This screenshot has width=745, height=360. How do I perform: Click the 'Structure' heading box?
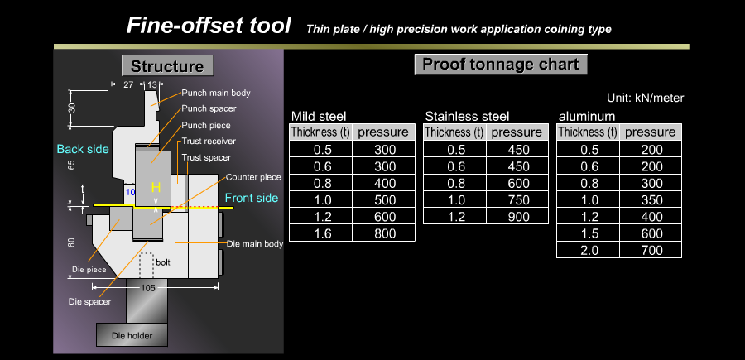tap(168, 65)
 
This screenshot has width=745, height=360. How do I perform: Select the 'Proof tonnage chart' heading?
tap(501, 64)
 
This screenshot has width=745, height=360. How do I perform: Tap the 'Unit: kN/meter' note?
tap(645, 98)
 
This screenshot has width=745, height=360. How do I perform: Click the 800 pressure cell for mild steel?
tap(385, 233)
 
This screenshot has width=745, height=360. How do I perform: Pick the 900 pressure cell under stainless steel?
tap(518, 217)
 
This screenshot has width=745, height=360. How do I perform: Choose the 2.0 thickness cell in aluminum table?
tap(589, 250)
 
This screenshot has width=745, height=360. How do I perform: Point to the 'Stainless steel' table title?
tap(467, 117)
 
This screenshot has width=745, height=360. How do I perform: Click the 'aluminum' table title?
tap(587, 117)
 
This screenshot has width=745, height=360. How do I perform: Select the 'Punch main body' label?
tap(216, 93)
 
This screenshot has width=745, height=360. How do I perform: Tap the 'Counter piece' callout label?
tap(253, 178)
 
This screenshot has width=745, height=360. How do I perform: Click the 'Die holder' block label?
tap(132, 336)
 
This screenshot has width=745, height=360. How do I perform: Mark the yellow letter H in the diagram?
tap(156, 188)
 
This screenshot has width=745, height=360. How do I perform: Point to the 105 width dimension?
tap(148, 288)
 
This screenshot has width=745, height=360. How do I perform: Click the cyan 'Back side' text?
tap(83, 149)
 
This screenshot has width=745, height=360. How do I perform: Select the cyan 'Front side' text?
tap(252, 198)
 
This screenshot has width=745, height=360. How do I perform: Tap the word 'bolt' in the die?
tap(163, 262)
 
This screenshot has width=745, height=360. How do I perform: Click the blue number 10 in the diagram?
tap(130, 192)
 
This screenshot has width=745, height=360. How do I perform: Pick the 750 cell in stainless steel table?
tap(518, 200)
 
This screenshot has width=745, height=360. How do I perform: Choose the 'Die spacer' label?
tap(89, 301)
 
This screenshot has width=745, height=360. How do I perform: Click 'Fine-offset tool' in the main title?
tap(208, 25)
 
